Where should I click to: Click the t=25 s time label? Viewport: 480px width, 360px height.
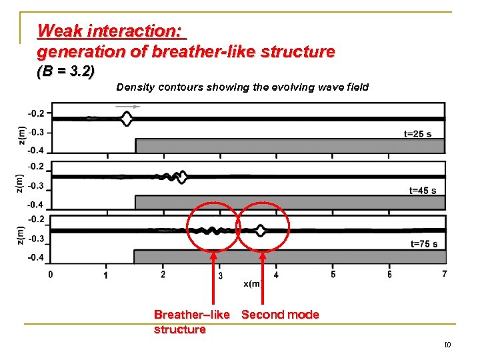click(417, 134)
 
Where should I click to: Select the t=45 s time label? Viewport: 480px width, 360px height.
click(422, 191)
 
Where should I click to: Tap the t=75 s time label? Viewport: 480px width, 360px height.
click(424, 244)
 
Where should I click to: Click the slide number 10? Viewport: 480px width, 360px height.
click(447, 345)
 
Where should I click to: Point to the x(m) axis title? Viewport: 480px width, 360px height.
click(252, 284)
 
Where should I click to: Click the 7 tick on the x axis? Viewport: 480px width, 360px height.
click(445, 274)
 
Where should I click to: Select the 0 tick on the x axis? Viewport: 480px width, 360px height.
click(51, 274)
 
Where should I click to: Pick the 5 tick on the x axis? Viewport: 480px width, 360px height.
click(333, 274)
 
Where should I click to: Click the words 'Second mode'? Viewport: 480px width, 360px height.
click(280, 315)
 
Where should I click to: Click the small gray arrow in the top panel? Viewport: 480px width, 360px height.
click(129, 106)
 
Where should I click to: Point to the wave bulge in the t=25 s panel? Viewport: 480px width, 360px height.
click(127, 119)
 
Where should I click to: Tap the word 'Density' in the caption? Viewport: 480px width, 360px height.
click(135, 87)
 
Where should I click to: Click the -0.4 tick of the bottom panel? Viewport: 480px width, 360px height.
click(36, 257)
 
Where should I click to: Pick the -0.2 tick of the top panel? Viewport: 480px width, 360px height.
click(36, 113)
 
